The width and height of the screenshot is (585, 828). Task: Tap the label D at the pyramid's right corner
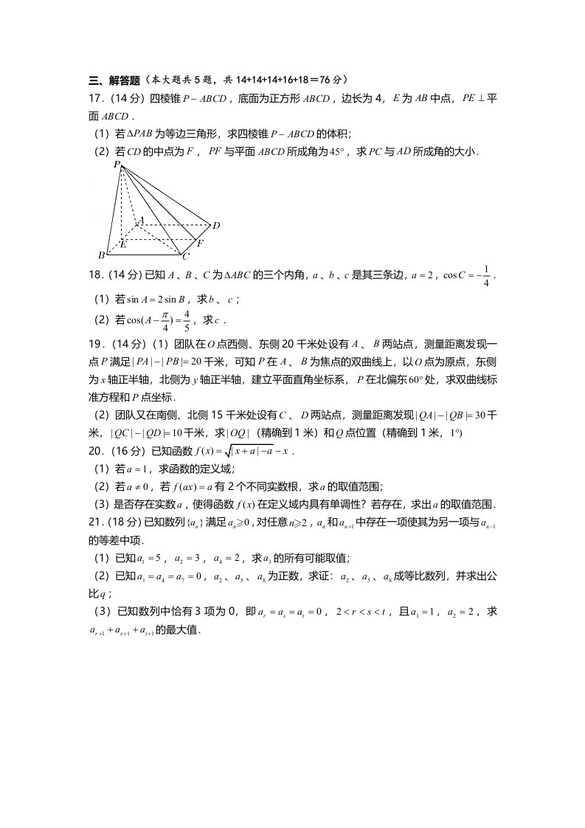[216, 224]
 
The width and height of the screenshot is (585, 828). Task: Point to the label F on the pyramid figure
[200, 243]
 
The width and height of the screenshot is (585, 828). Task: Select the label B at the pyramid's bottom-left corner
[101, 255]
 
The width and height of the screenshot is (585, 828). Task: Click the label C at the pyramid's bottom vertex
[186, 256]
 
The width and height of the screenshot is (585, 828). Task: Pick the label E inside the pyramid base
[123, 244]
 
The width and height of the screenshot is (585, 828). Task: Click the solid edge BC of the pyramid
[144, 255]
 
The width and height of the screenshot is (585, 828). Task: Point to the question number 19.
[96, 344]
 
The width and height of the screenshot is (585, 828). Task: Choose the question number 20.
[96, 450]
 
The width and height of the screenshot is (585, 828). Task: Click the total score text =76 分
[328, 80]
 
